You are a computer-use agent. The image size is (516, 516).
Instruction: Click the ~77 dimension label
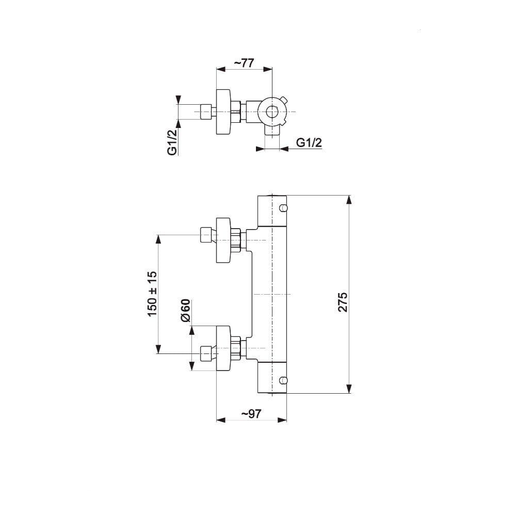click(x=244, y=62)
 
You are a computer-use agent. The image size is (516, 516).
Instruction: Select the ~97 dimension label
click(x=251, y=413)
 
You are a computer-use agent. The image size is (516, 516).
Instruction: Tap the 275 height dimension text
click(x=343, y=302)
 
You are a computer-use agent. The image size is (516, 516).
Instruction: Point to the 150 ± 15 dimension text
click(x=152, y=294)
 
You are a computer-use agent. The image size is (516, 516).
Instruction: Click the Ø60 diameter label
click(x=185, y=310)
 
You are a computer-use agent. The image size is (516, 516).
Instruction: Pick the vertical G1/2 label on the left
click(x=172, y=142)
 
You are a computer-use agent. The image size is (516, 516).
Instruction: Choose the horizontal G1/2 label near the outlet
click(x=309, y=142)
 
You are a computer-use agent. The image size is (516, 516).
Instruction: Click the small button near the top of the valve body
click(x=283, y=207)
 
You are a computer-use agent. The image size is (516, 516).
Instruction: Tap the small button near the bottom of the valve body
click(x=283, y=380)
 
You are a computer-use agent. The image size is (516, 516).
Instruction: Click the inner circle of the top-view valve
click(x=272, y=112)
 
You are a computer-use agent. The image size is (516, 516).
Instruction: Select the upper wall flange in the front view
click(x=223, y=240)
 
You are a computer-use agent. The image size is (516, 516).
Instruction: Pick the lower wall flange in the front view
click(x=223, y=348)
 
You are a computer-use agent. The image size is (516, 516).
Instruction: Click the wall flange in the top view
click(x=223, y=112)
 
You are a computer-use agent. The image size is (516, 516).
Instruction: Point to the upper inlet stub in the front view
click(x=206, y=235)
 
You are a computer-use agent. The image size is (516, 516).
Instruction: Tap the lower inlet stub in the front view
click(x=206, y=353)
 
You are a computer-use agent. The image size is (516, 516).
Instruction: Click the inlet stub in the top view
click(x=206, y=112)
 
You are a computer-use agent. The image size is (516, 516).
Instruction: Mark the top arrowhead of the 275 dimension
click(x=349, y=200)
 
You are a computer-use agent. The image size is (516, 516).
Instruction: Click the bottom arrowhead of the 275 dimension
click(x=349, y=389)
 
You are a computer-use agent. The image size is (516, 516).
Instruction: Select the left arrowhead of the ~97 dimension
click(x=220, y=420)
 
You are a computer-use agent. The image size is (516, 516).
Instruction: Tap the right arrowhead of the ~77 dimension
click(x=268, y=69)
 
